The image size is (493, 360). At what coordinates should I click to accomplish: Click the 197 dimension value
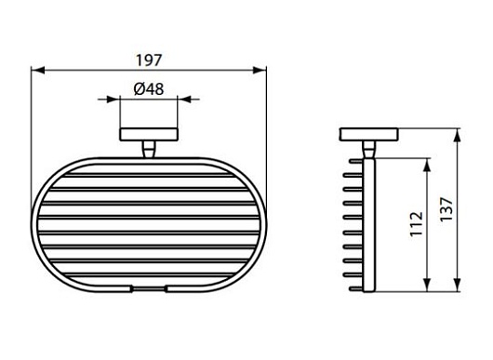(x=149, y=60)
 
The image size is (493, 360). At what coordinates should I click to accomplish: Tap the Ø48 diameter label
(x=149, y=89)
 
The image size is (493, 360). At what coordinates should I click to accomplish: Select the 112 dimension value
(x=416, y=224)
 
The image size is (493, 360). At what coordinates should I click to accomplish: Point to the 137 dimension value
(x=446, y=209)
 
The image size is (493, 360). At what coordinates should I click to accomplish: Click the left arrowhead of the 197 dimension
(x=38, y=70)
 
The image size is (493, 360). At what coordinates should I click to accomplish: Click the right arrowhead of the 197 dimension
(x=260, y=70)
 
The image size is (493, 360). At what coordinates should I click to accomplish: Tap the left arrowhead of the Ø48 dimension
(x=113, y=100)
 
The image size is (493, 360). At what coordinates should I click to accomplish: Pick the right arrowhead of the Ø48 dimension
(x=184, y=100)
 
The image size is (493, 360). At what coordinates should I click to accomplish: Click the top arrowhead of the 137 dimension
(x=458, y=135)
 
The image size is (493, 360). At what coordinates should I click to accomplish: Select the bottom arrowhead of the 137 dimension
(x=458, y=285)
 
